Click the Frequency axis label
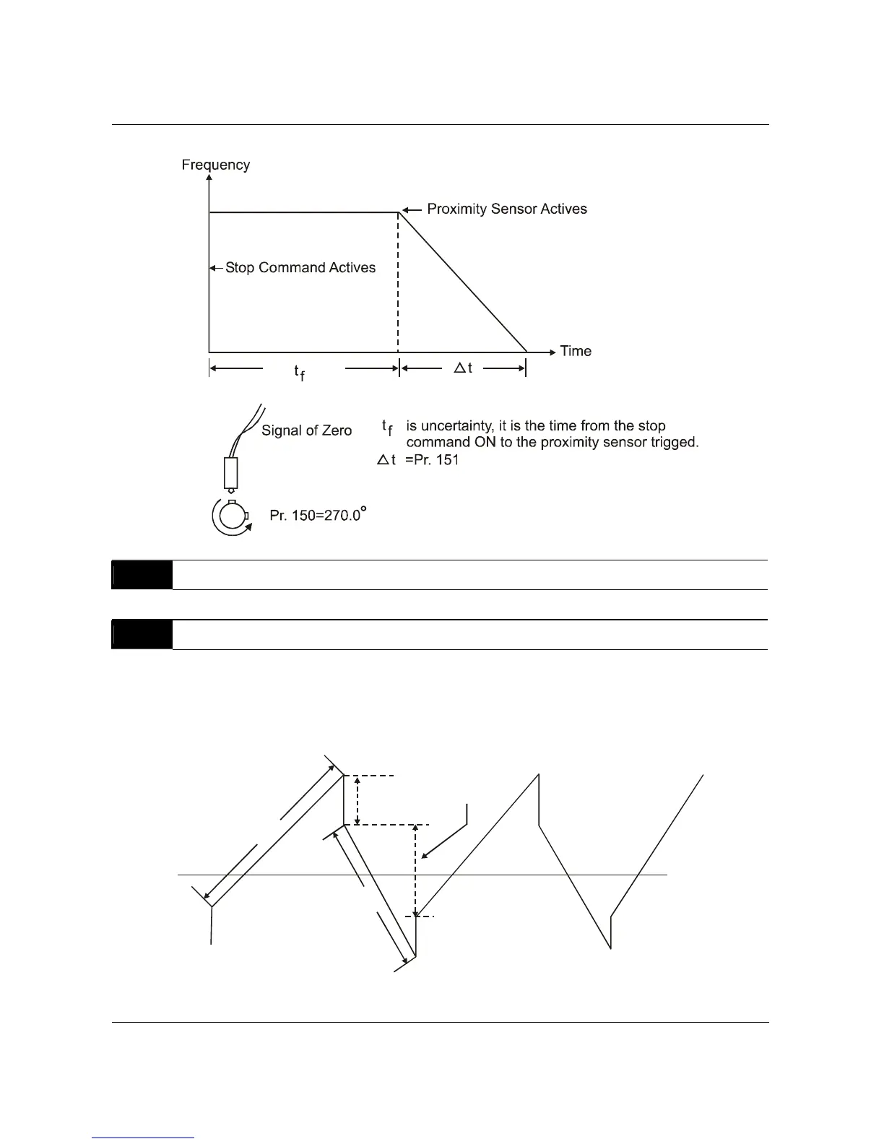[x=215, y=165]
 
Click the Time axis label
[x=576, y=351]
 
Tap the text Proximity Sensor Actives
[x=507, y=209]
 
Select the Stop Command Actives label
[x=300, y=267]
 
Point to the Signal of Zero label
[x=306, y=430]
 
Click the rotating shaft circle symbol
[x=231, y=517]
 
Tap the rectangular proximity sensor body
[x=231, y=472]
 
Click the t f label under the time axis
[x=298, y=371]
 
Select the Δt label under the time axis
[x=462, y=368]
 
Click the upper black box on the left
[x=142, y=575]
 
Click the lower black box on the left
[x=142, y=635]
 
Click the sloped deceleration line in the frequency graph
[x=462, y=282]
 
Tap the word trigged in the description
[x=673, y=442]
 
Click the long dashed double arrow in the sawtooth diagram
[x=415, y=870]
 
